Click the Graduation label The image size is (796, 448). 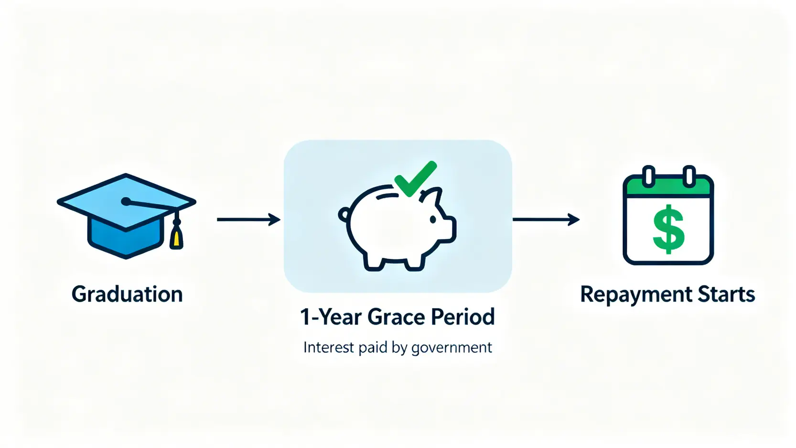coord(127,295)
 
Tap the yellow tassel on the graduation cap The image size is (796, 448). coord(176,238)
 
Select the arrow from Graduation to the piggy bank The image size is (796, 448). coord(248,219)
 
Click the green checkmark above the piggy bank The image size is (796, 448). coord(415,178)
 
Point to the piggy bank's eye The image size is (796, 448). coord(433,219)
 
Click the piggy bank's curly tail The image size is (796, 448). coord(344,214)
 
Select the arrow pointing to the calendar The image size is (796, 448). coord(546,219)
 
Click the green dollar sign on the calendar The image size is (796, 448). coord(668,229)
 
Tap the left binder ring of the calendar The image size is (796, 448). coord(648,176)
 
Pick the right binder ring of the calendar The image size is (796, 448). coord(689,176)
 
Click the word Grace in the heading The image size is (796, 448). coord(396,317)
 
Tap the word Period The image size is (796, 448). coord(463,317)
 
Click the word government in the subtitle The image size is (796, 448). coord(452,348)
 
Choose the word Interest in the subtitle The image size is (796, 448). coord(329,347)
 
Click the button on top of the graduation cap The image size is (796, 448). coord(126,202)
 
